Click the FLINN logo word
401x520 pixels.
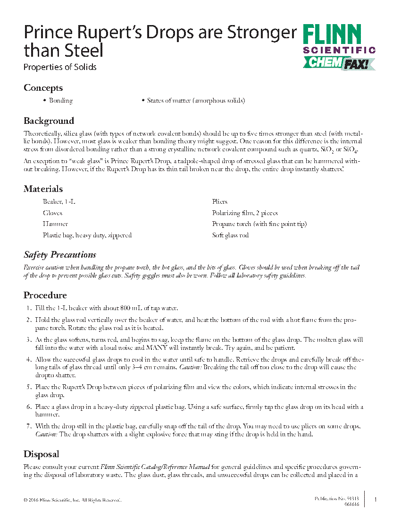pos(332,35)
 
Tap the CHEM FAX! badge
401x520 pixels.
pos(339,63)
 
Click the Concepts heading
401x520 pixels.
pos(43,88)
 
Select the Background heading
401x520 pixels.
pos(49,121)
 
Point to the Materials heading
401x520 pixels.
pos(43,189)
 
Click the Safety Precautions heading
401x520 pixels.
pos(60,255)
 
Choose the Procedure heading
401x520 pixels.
pos(45,295)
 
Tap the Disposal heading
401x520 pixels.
pos(41,454)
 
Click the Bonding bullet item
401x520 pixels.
pos(60,101)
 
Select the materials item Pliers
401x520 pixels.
pos(219,202)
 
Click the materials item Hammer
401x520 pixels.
pos(55,224)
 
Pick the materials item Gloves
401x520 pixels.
pos(52,213)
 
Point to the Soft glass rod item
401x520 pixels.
pos(230,235)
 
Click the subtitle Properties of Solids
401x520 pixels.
pos(60,67)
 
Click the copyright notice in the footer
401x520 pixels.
pos(72,500)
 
